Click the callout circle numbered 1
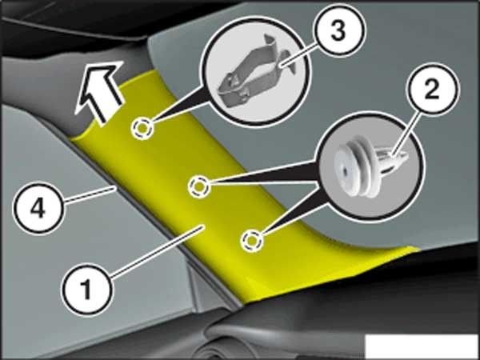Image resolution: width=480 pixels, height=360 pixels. [86, 289]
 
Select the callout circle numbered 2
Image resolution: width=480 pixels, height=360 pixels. [433, 89]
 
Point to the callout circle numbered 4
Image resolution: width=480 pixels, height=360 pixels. [38, 209]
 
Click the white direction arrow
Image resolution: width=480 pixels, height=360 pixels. [99, 92]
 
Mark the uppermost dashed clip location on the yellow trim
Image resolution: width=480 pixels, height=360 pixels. [142, 129]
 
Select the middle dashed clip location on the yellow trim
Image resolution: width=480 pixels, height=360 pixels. [199, 186]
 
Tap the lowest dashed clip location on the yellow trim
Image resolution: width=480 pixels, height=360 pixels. [252, 240]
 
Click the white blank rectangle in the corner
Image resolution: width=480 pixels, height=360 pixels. [422, 346]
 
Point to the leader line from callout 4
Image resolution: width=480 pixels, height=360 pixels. [91, 194]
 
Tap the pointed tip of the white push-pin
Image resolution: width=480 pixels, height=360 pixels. [406, 157]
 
